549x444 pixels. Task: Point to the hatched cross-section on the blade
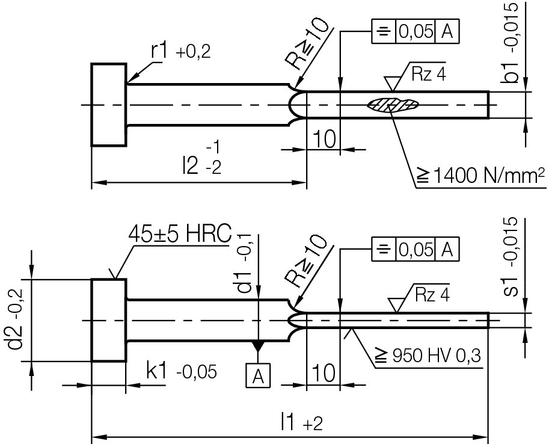[392, 105]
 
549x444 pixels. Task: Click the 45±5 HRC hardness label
[180, 235]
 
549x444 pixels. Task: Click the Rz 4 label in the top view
[428, 75]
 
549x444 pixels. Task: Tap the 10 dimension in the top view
[324, 140]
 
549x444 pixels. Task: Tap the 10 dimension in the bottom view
[324, 374]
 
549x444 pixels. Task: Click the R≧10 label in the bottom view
[307, 260]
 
